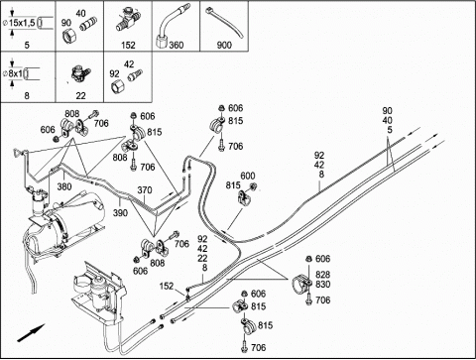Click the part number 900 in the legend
[x=224, y=45]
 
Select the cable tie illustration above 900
[x=225, y=23]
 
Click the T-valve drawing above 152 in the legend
[x=128, y=20]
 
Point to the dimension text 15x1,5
[x=21, y=23]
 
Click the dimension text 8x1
[x=15, y=73]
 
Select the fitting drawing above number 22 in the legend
[x=80, y=74]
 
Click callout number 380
[x=64, y=186]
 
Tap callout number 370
[x=145, y=190]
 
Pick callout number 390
[x=120, y=212]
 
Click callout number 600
[x=248, y=176]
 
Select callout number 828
[x=322, y=275]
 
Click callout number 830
[x=322, y=285]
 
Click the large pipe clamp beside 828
[x=301, y=283]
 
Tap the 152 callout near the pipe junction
[x=167, y=286]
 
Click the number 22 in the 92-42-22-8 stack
[x=202, y=258]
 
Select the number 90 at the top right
[x=388, y=111]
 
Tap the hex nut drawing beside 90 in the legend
[x=69, y=35]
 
